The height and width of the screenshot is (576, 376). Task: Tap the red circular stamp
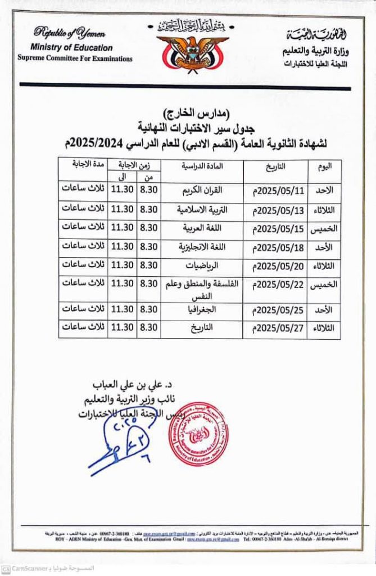tap(198, 434)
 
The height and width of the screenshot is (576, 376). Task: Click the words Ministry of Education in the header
tap(72, 48)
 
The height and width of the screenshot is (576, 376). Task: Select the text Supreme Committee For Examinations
tap(75, 58)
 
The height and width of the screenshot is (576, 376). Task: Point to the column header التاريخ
tap(275, 166)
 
